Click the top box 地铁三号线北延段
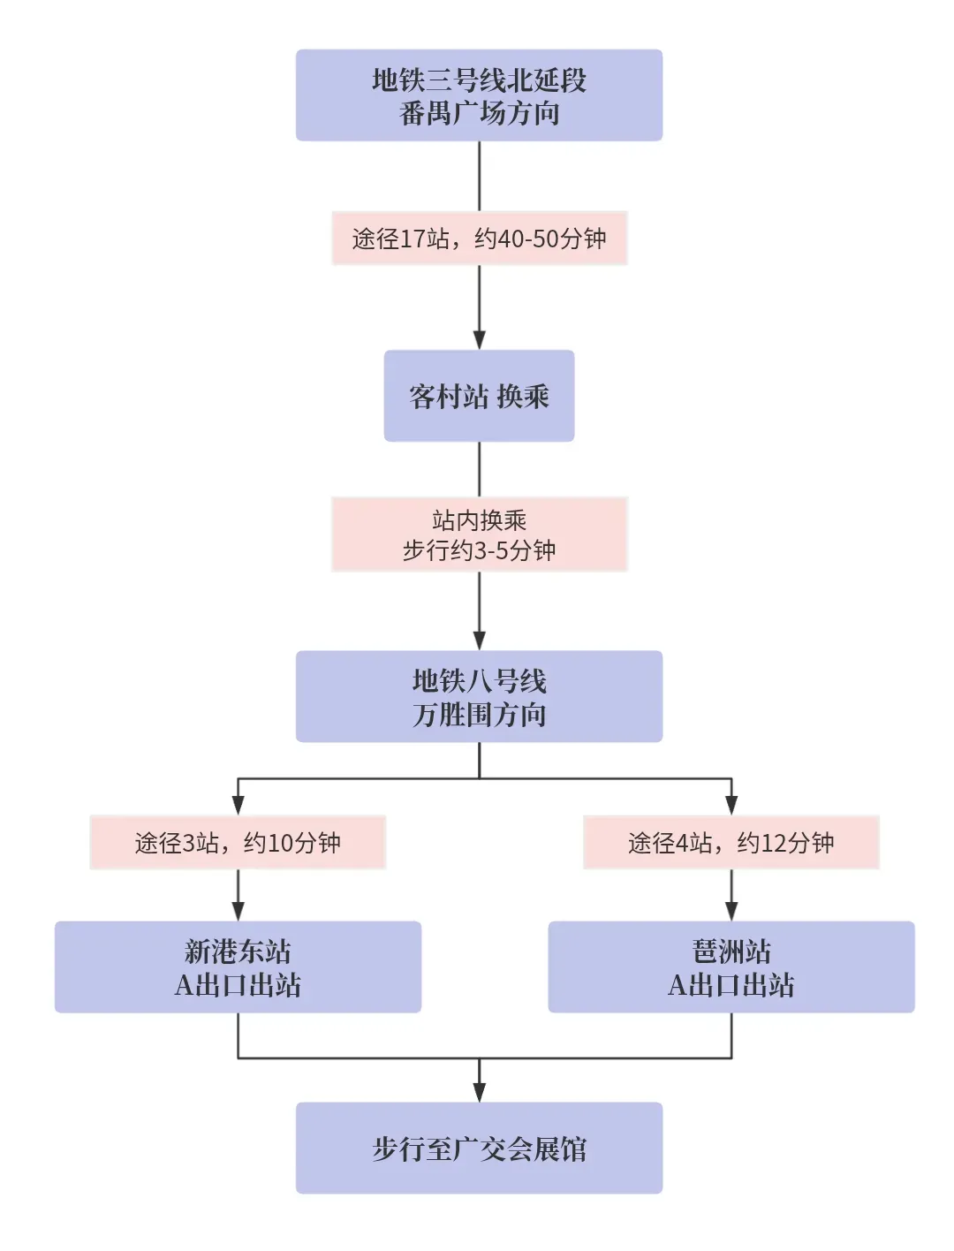pos(479,95)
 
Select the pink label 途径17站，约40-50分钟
pos(479,239)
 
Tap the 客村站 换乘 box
pos(479,396)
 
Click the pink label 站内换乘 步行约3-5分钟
pos(479,535)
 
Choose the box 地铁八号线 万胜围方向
pos(479,696)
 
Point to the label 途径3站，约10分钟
pos(238,842)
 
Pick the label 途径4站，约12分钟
pos(731,842)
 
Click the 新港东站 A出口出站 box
pos(238,967)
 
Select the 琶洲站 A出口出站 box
pos(731,967)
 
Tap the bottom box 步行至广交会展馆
pos(479,1148)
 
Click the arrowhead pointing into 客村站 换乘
pos(479,340)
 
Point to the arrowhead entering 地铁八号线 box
pos(479,641)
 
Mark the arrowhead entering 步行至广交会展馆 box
pos(479,1092)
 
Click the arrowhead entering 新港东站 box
pos(238,912)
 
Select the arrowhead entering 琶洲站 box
pos(731,912)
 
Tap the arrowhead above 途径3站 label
pos(238,805)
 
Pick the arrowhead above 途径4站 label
pos(731,805)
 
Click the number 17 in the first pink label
pos(413,239)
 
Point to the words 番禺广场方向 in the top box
pos(479,113)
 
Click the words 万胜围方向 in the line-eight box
pos(479,714)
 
